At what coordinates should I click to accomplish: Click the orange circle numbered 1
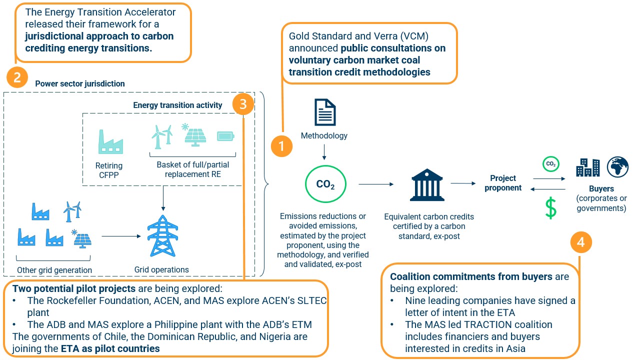tap(281, 146)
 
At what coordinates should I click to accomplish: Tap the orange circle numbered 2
tap(17, 78)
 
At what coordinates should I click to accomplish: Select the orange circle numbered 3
tap(243, 104)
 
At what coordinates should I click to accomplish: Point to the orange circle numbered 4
tap(580, 242)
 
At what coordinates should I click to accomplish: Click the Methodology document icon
tap(324, 112)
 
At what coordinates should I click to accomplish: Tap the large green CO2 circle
tap(325, 184)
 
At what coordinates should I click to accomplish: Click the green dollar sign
tap(550, 208)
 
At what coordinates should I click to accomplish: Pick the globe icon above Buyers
tap(617, 167)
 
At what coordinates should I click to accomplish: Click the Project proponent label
tap(503, 183)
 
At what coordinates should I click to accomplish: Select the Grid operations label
tap(161, 270)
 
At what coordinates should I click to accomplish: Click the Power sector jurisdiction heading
tap(80, 83)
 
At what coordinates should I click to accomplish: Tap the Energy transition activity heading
tap(177, 105)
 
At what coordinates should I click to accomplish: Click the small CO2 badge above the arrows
tap(550, 163)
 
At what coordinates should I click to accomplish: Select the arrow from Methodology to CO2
tap(324, 151)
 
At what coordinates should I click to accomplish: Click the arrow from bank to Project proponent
tap(463, 183)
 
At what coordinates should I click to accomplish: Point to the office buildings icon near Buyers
tap(587, 167)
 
